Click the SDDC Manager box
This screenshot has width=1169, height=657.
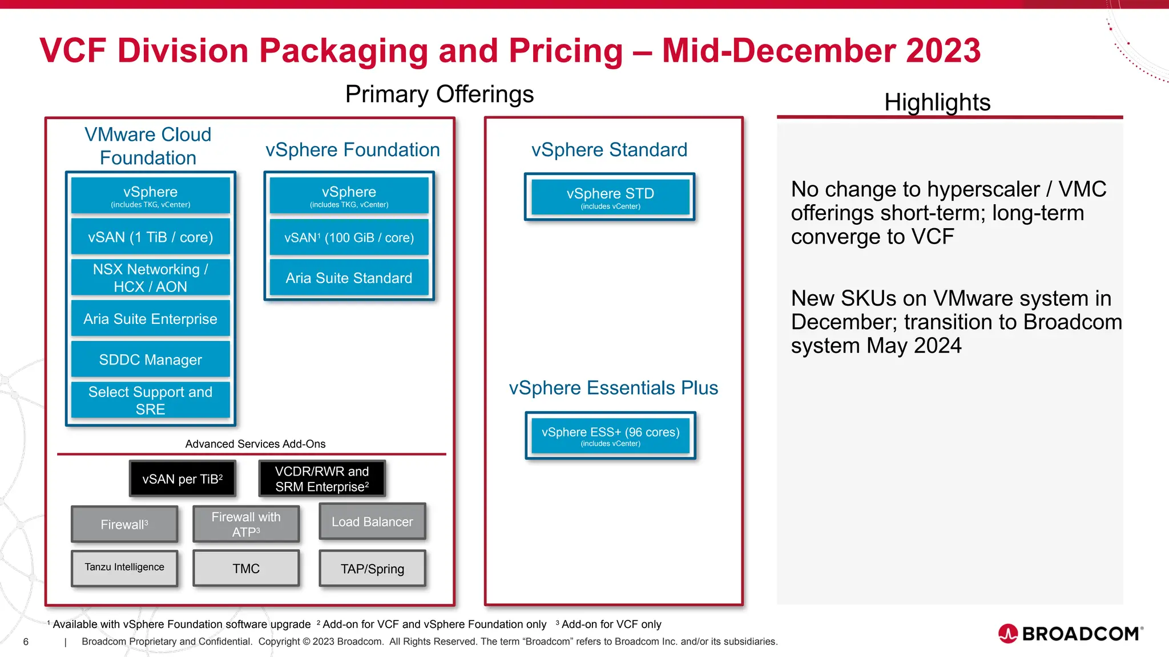tap(150, 360)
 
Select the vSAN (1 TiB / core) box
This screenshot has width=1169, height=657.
tap(150, 237)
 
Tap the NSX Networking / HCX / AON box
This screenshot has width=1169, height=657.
tap(150, 278)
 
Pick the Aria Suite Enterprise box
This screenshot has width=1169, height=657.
tap(150, 319)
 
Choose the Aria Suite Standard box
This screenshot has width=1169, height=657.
tap(349, 278)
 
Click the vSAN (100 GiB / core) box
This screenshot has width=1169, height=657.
tap(349, 238)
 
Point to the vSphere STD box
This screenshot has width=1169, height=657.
tap(610, 197)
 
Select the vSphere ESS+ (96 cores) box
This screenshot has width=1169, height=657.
tap(610, 436)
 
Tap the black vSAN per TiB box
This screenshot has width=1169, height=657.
tap(182, 479)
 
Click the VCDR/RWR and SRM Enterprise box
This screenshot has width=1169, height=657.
tap(322, 479)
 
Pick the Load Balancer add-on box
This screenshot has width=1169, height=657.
tap(372, 522)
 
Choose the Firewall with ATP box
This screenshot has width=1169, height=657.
tap(246, 524)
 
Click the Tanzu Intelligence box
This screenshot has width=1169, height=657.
tap(124, 567)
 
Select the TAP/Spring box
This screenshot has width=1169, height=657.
tap(372, 569)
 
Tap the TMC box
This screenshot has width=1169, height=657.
tap(246, 569)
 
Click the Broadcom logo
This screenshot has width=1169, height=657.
tap(1070, 634)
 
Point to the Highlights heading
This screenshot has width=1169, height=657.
tap(937, 103)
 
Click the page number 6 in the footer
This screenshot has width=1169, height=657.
tap(26, 642)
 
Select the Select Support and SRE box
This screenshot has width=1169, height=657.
tap(150, 400)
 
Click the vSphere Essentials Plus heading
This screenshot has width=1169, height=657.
tap(613, 388)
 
